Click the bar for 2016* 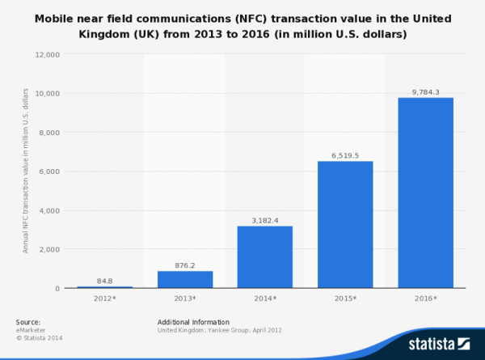(x=425, y=193)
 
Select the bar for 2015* (x=345, y=224)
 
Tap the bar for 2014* (x=265, y=256)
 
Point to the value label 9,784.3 (x=425, y=91)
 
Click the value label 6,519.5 (x=345, y=155)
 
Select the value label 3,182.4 (x=265, y=219)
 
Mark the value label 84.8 (x=105, y=281)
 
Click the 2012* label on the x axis (x=105, y=299)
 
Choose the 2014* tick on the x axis (x=265, y=299)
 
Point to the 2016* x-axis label (x=425, y=299)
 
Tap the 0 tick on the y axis (x=57, y=288)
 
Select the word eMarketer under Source (x=31, y=330)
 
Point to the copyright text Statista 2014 (x=39, y=337)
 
